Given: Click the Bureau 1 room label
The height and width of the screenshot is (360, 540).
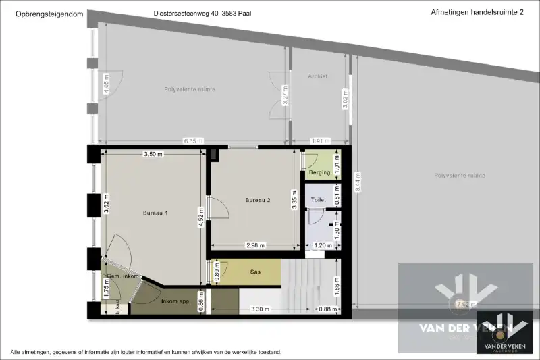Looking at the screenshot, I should (155, 213).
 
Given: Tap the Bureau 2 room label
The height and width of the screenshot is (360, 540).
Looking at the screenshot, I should (257, 200).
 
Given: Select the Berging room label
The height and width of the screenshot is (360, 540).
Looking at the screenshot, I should (319, 172).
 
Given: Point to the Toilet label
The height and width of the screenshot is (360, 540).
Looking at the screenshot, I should (318, 200).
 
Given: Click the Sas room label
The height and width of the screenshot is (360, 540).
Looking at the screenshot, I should (256, 272).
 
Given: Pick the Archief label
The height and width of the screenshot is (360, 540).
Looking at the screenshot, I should (317, 76).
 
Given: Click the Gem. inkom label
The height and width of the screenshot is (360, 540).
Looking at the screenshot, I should (122, 277).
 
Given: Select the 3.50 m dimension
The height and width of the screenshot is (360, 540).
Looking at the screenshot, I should (153, 155).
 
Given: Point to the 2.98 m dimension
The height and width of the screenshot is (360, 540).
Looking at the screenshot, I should (255, 245).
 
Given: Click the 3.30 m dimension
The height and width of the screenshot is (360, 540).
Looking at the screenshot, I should (261, 309).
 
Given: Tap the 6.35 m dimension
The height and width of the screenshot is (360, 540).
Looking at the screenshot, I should (193, 141).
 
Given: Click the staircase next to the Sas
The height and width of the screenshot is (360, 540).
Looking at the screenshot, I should (304, 284).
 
